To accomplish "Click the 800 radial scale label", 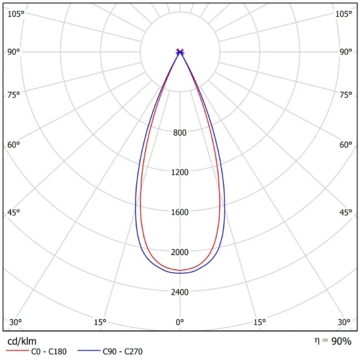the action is point(179,133).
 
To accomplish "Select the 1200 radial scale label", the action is point(179,172).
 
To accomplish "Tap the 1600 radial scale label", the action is point(179,212).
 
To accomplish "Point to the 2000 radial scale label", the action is point(179,252).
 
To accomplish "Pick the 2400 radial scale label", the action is point(179,292).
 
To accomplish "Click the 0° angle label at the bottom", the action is point(179,322).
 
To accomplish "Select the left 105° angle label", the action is point(16,14).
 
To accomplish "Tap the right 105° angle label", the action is point(344,14).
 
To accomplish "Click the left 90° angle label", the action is point(14,52).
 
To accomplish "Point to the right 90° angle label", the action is point(346,52).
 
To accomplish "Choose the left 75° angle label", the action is point(14,95).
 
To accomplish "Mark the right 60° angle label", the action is point(346,145).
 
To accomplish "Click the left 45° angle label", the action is point(14,212).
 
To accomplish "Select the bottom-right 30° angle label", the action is point(344,322).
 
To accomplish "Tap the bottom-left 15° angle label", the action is point(100,322).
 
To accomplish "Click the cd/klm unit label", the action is point(22,341).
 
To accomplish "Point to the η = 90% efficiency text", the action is point(333,341).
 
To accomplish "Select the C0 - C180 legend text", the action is point(49,351).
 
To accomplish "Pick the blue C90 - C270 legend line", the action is point(89,351).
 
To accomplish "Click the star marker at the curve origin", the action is point(180,52).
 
